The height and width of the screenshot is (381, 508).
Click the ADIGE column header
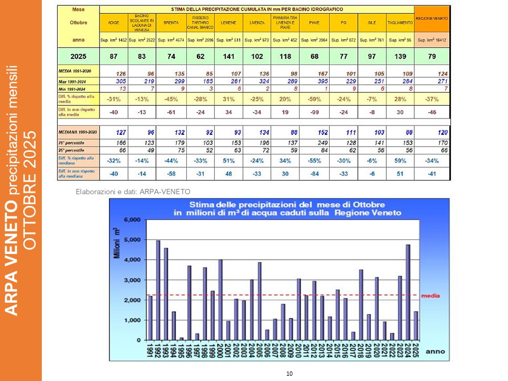coord(113,23)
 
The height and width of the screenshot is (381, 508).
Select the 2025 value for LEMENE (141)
coord(228,56)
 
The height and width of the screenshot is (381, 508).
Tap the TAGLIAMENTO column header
coord(400,23)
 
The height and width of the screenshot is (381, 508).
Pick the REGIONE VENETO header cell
coord(432,19)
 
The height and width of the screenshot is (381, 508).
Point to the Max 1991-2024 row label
coord(78,81)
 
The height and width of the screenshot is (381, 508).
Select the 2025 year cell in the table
coord(78,56)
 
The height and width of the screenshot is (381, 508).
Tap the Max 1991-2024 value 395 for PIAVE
coord(314,81)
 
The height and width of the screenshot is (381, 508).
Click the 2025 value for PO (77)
coord(342,56)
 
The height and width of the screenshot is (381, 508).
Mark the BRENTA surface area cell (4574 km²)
coord(170,40)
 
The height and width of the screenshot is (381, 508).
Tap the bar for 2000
coord(220,300)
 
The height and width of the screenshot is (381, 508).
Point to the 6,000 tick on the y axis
coord(132,220)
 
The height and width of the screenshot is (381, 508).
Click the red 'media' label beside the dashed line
coord(430,296)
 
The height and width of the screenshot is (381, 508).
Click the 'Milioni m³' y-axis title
coord(117,243)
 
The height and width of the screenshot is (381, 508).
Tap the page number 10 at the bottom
coord(289,374)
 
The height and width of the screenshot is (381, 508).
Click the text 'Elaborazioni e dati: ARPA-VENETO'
coord(133,191)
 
